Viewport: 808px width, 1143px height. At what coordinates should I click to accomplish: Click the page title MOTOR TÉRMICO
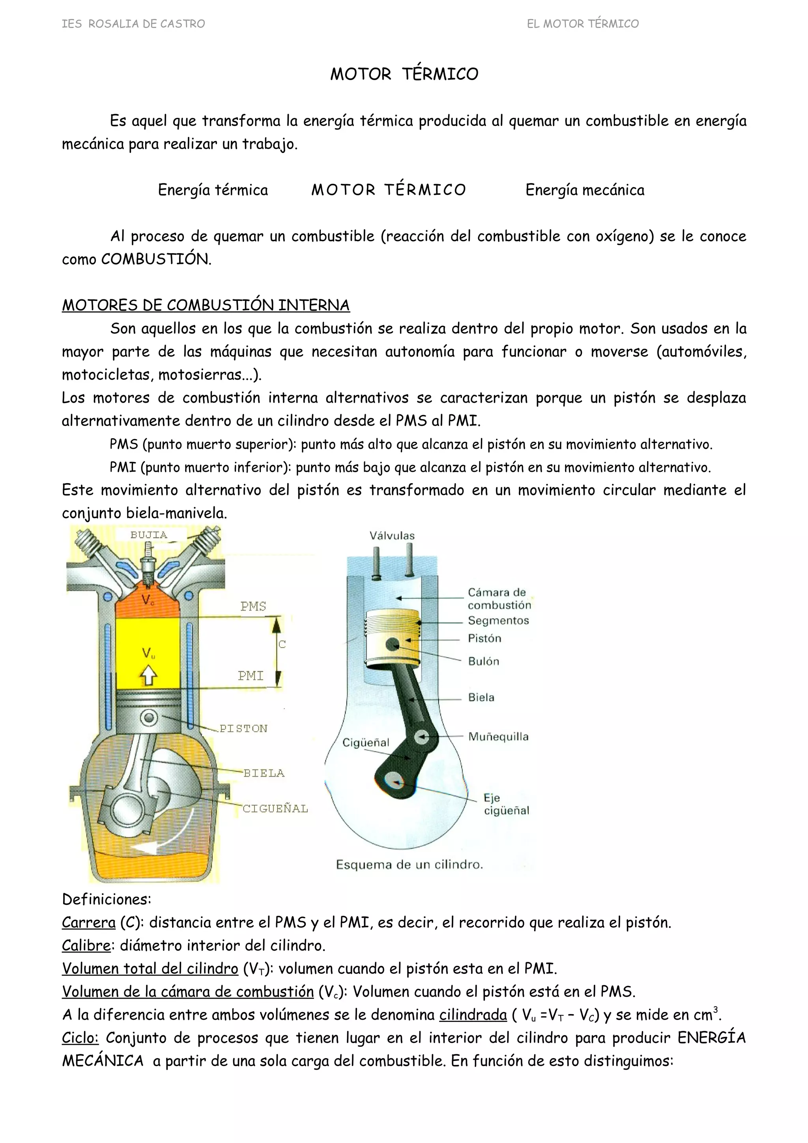click(x=404, y=74)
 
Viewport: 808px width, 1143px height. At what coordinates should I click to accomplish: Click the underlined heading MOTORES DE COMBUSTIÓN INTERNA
click(x=206, y=305)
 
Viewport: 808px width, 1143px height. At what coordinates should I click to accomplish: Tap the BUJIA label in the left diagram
click(x=148, y=535)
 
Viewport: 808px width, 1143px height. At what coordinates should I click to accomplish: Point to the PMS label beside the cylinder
click(x=253, y=606)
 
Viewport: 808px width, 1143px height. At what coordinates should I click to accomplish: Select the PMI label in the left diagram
click(x=251, y=676)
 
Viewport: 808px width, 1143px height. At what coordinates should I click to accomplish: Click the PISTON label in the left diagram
click(x=243, y=728)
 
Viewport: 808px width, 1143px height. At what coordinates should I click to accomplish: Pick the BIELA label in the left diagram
click(x=264, y=773)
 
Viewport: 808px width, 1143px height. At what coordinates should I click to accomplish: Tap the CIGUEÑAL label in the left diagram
click(x=275, y=809)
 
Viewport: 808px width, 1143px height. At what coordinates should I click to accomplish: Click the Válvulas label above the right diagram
click(x=392, y=536)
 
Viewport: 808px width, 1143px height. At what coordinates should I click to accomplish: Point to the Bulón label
click(x=483, y=661)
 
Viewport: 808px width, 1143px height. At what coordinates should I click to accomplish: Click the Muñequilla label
click(x=498, y=737)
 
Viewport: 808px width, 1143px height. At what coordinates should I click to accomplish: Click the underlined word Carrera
click(x=89, y=923)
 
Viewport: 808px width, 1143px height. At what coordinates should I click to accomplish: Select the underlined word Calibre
click(x=86, y=945)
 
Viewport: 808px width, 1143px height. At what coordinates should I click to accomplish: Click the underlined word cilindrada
click(x=473, y=1014)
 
